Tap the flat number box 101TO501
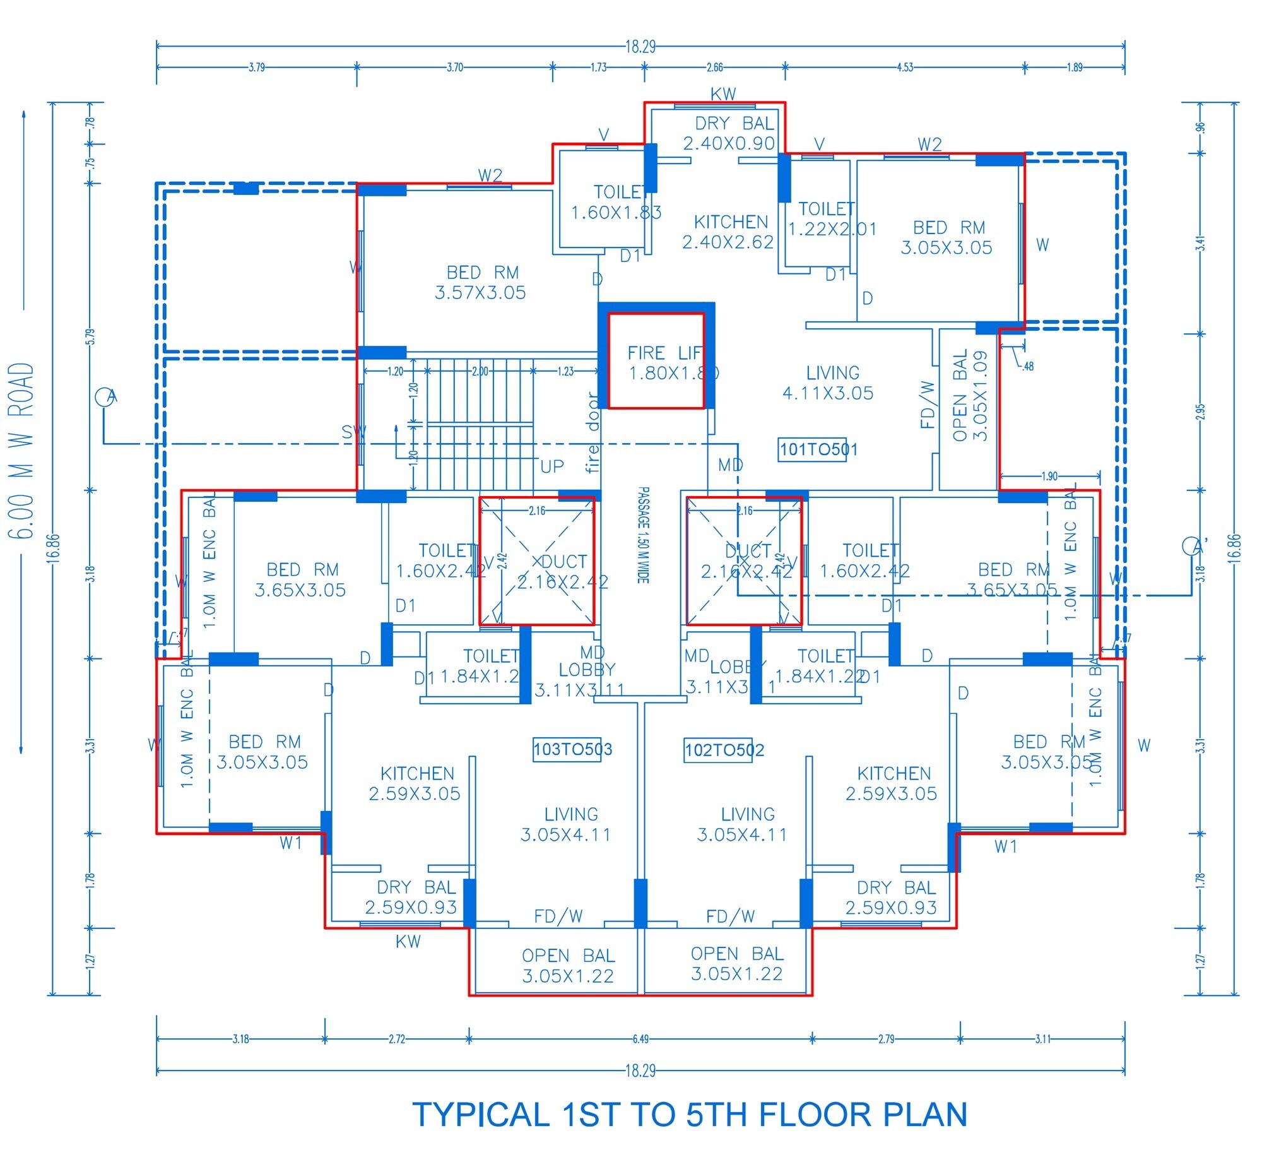818,449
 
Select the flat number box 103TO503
572,749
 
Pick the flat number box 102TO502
724,750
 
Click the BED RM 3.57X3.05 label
481,282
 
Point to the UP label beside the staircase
551,466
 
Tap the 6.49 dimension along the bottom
640,1039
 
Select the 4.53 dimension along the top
904,68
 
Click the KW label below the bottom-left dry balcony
408,942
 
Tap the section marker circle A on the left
105,397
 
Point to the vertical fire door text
593,432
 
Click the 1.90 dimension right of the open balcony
1049,476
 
